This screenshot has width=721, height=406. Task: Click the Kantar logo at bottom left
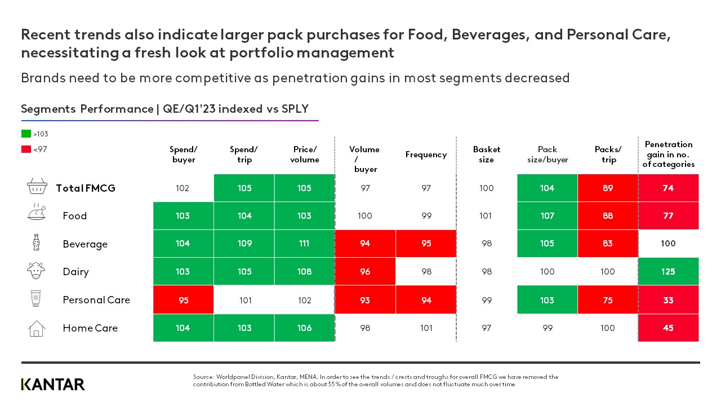pos(53,385)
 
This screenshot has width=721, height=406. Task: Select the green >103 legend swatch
pos(26,134)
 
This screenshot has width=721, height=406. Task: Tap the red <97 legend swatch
pos(26,149)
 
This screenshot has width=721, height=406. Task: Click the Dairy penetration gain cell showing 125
pos(668,272)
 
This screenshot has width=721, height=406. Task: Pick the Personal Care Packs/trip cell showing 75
pos(608,300)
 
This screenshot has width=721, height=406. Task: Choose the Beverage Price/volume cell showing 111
pos(304,244)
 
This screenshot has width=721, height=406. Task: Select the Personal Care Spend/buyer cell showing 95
pos(183,300)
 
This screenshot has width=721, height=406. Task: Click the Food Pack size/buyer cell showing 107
pos(547,216)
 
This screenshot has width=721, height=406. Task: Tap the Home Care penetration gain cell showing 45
pos(668,328)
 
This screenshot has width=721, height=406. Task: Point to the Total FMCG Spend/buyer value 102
pos(183,188)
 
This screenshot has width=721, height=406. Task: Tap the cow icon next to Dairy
pos(36,271)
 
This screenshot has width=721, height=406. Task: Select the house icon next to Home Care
pos(36,328)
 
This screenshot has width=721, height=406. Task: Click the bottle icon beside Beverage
pos(36,243)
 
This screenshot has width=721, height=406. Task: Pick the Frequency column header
pos(426,155)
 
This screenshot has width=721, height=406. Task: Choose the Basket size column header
pos(486,155)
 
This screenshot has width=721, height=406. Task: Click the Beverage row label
pos(85,244)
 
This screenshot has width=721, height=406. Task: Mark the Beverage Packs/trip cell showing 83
pos(608,244)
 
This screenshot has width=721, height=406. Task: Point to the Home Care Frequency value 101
pos(426,328)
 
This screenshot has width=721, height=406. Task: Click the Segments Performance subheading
pos(164,109)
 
